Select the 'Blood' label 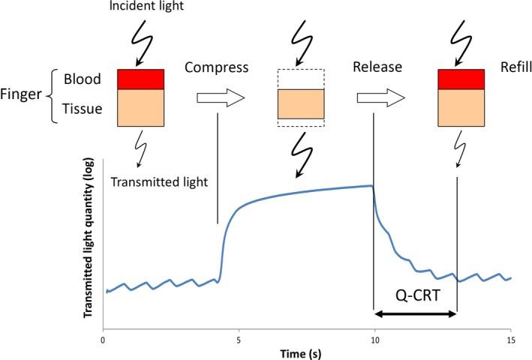[x=83, y=79]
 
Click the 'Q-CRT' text [x=415, y=295]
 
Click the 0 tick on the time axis [x=103, y=339]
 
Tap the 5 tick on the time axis [x=239, y=339]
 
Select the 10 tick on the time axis [x=374, y=339]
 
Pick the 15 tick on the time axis [x=510, y=339]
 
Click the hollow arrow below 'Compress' [x=221, y=97]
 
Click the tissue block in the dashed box [x=300, y=103]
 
